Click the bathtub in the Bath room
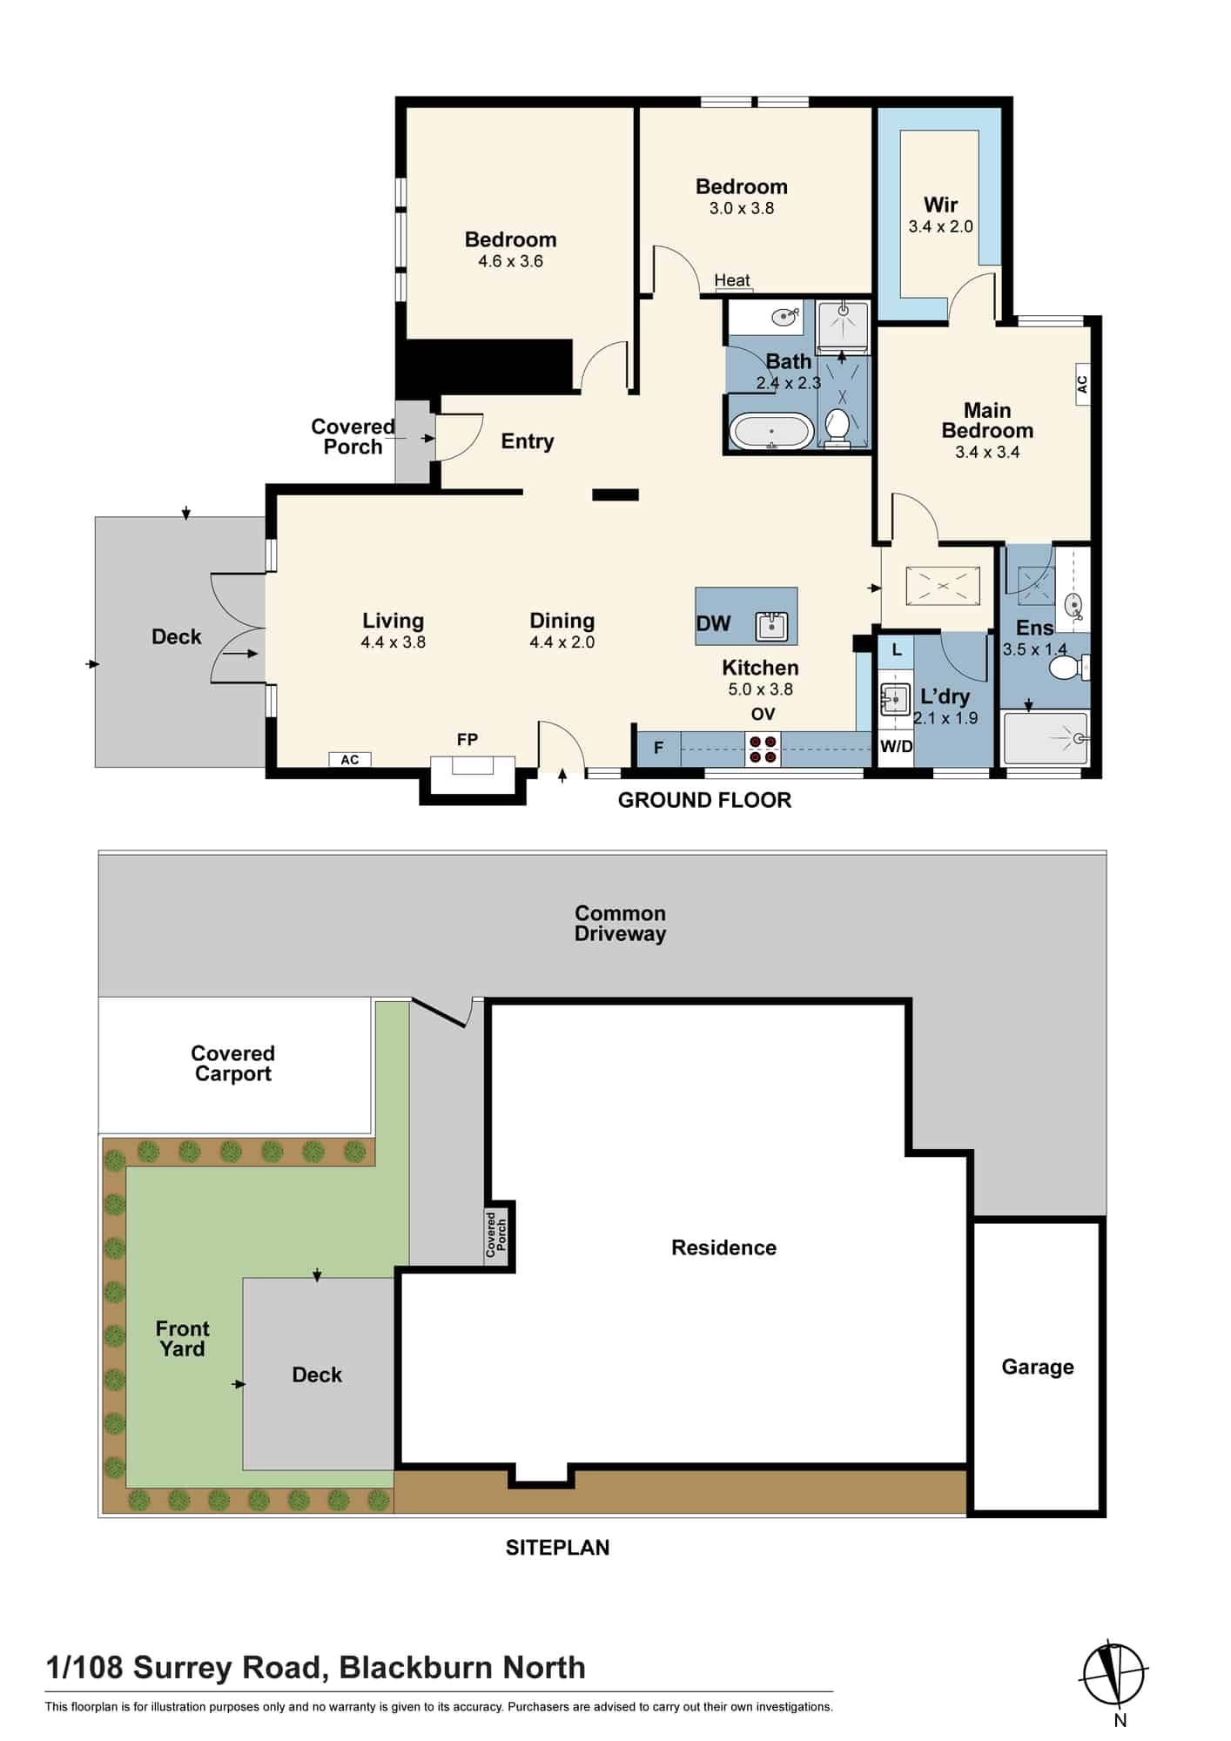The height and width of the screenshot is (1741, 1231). point(771,431)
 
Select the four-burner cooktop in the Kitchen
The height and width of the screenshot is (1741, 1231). point(763,750)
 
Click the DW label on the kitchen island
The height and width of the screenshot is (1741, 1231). point(713,623)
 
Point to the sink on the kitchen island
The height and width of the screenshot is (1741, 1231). point(772,625)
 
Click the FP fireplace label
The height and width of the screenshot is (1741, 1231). point(468,740)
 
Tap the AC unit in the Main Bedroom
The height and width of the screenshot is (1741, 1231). point(1082,384)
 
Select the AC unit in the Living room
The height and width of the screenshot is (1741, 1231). point(349,760)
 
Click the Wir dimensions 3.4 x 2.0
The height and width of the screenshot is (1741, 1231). point(941,226)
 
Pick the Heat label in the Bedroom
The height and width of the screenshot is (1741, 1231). point(732,280)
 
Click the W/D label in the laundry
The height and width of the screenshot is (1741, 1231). point(896,746)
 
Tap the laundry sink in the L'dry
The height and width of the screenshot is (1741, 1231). point(894,699)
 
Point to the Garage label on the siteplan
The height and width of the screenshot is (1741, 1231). point(1038,1367)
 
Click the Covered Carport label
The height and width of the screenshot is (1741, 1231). point(233,1064)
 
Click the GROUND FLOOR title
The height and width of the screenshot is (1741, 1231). point(704,800)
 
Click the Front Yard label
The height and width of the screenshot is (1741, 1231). point(182,1339)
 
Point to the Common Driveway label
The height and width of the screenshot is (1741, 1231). point(621,924)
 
